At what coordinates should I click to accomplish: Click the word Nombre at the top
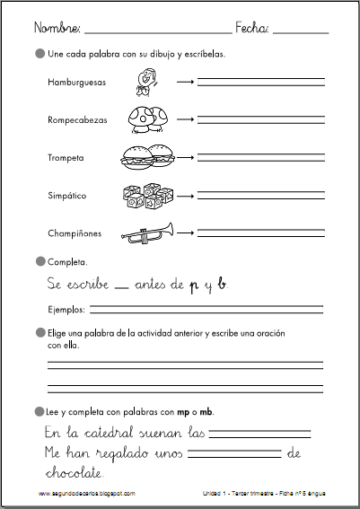tap(56, 29)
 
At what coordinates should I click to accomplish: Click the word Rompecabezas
tap(77, 119)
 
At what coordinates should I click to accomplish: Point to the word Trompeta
tap(66, 158)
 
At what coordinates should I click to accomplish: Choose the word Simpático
tap(67, 196)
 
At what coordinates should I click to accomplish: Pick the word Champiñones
tap(75, 233)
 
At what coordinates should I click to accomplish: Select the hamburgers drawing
tap(146, 158)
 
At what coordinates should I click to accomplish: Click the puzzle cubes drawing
tap(145, 195)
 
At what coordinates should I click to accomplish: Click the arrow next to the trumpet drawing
tap(188, 234)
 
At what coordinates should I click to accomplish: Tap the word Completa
tap(67, 262)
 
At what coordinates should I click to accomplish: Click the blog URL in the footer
tap(87, 493)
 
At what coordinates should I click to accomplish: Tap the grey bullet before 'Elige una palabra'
tap(39, 333)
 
